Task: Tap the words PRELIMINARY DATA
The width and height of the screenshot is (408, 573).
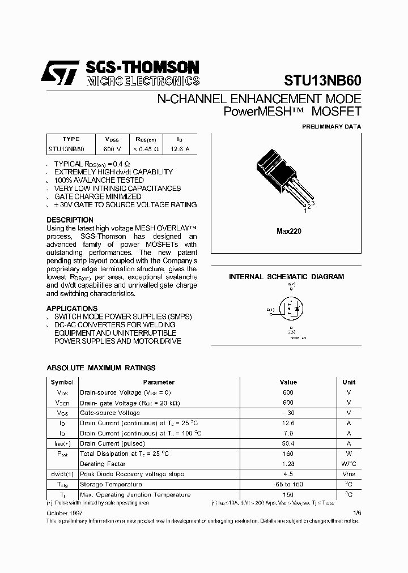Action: pos(331,127)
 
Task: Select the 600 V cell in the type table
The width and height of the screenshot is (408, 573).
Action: pos(112,149)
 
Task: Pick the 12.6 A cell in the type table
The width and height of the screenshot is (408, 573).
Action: pos(180,149)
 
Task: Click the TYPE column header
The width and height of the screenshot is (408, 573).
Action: pos(71,139)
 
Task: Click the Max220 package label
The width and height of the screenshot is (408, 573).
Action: pos(288,231)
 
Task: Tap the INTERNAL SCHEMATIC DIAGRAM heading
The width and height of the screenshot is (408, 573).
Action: pos(286,277)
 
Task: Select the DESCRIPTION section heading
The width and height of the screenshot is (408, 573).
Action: pos(70,220)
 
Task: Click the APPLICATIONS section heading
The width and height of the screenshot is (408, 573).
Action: pos(72,308)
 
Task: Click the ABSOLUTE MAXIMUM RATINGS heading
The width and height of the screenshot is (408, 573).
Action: pos(101,367)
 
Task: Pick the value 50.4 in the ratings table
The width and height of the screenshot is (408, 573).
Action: pos(288,443)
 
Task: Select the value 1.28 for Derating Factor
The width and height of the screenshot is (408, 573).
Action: pos(288,464)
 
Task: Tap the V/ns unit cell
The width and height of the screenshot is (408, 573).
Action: pos(348,474)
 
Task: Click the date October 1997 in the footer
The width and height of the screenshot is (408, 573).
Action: pos(63,512)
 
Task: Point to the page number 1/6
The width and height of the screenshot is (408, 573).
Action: pos(356,512)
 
